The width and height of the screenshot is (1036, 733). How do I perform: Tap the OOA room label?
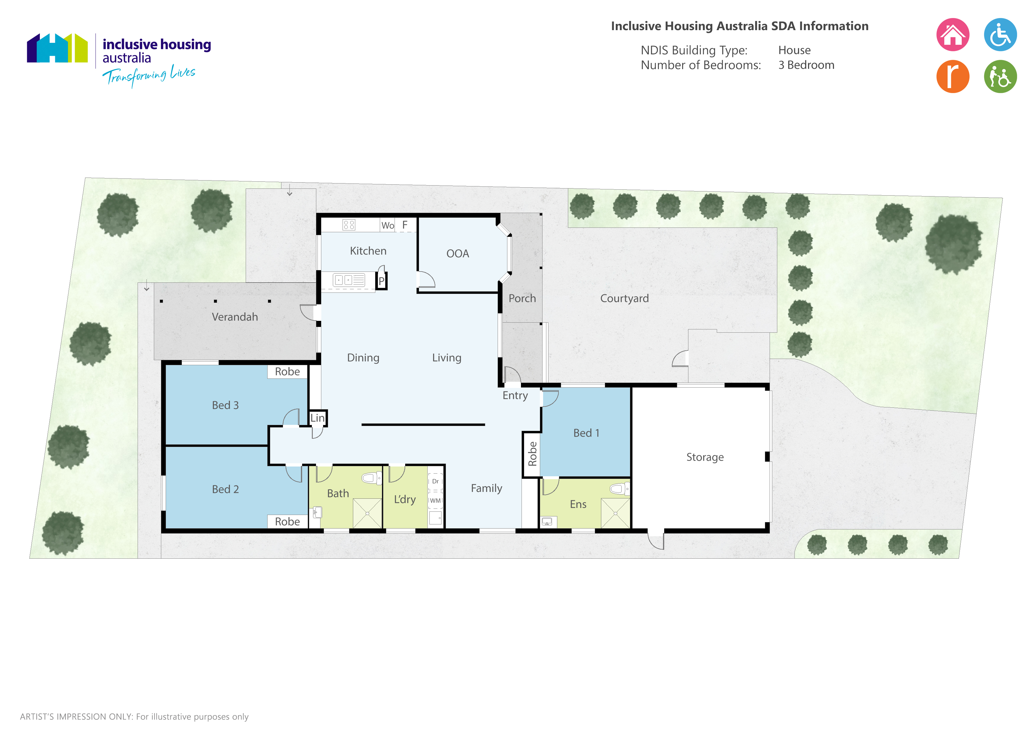click(x=457, y=254)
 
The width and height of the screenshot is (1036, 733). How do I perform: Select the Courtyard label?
click(x=625, y=298)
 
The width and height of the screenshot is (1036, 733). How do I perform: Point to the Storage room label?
click(x=705, y=457)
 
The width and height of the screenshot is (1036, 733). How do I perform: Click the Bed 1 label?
click(x=586, y=433)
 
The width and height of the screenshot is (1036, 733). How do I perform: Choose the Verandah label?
click(x=234, y=317)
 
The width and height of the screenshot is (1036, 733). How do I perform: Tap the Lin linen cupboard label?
click(x=317, y=418)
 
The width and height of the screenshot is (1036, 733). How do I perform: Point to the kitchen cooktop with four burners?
click(x=349, y=225)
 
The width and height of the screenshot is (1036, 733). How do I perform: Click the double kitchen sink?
click(x=349, y=280)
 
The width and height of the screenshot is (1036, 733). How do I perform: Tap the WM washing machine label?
click(x=435, y=500)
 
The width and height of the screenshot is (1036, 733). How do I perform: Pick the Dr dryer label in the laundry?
click(x=435, y=481)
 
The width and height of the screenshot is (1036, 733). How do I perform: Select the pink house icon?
click(x=952, y=35)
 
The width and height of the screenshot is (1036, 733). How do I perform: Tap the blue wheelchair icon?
click(x=1000, y=35)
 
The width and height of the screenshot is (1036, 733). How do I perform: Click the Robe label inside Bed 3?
click(x=287, y=371)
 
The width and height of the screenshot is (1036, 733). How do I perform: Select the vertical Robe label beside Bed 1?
click(x=532, y=454)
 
